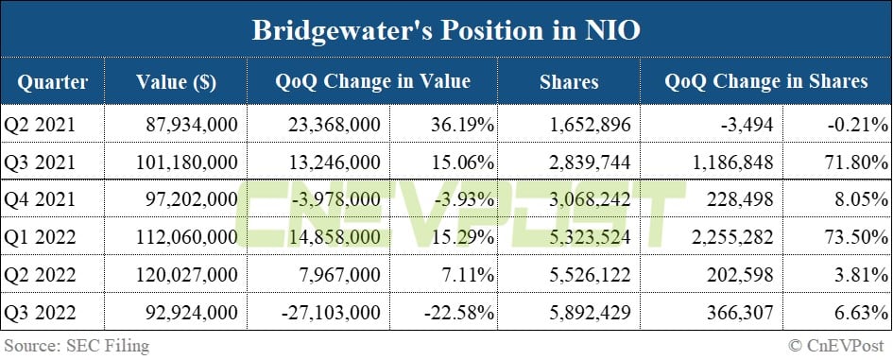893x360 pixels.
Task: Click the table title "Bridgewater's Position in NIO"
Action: tap(446, 30)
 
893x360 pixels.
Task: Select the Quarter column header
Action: tap(52, 82)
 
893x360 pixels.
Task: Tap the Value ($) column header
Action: tap(176, 82)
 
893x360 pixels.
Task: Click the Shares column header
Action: tap(569, 82)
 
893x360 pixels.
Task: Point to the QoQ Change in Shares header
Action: tap(765, 82)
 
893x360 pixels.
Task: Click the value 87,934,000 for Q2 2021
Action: tap(194, 123)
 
